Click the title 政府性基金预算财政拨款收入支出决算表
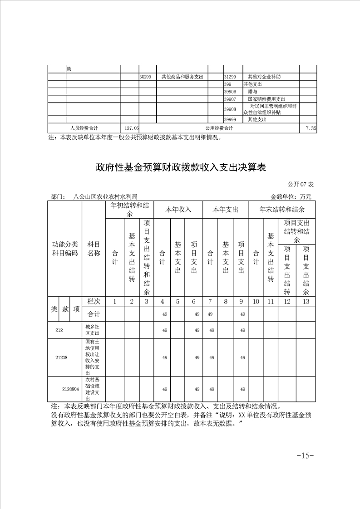pyautogui.click(x=180, y=167)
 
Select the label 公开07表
pyautogui.click(x=301, y=184)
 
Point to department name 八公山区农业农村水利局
pyautogui.click(x=108, y=197)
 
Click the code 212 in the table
pyautogui.click(x=59, y=330)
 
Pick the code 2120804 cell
pyautogui.click(x=70, y=389)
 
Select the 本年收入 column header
pyautogui.click(x=178, y=210)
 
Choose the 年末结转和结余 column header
pyautogui.click(x=281, y=210)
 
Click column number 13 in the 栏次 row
pyautogui.click(x=306, y=302)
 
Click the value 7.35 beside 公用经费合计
pyautogui.click(x=311, y=128)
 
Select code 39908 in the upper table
pyautogui.click(x=230, y=109)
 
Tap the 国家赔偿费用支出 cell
pyautogui.click(x=266, y=99)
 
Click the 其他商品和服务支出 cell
pyautogui.click(x=182, y=77)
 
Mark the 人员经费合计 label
pyautogui.click(x=84, y=128)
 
